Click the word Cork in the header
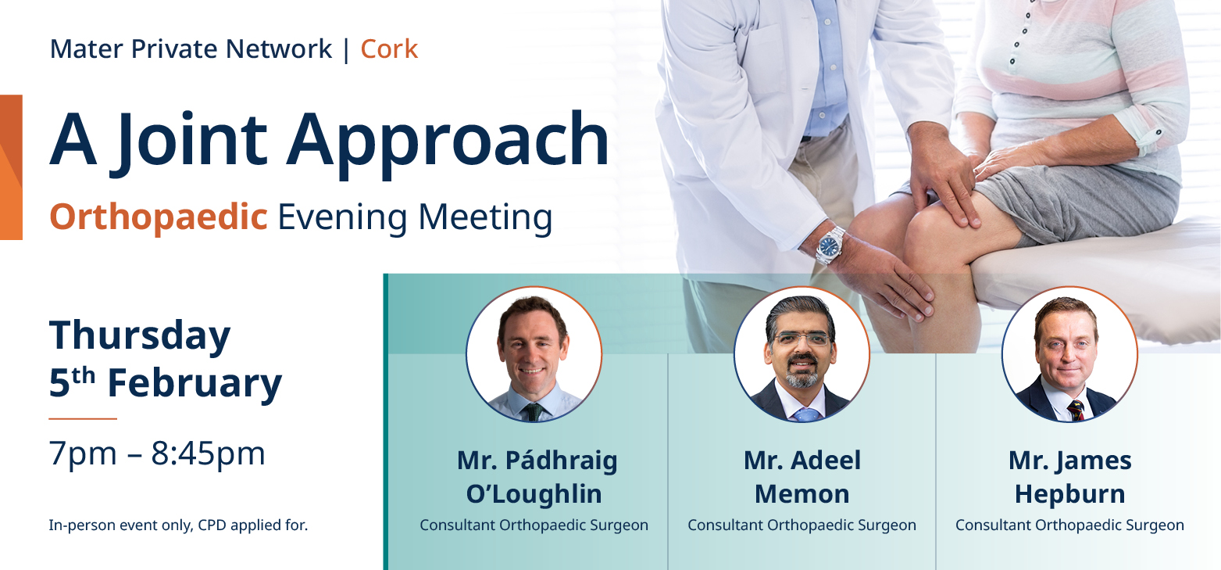(x=389, y=49)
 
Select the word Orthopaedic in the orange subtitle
(x=159, y=217)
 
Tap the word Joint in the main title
(x=193, y=141)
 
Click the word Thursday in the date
(x=140, y=336)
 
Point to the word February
(x=195, y=384)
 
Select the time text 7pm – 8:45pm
(x=157, y=453)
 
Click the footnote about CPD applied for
(x=178, y=525)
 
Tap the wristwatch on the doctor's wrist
(x=830, y=245)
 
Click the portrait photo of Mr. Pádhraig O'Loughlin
(x=534, y=355)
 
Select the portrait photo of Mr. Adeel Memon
(x=802, y=355)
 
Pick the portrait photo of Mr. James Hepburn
(x=1069, y=355)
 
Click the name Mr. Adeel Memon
(x=802, y=477)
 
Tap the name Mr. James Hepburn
(x=1069, y=477)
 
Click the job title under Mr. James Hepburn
(x=1069, y=525)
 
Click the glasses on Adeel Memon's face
(x=802, y=339)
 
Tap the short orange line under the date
(x=83, y=419)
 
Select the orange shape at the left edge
(x=11, y=167)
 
